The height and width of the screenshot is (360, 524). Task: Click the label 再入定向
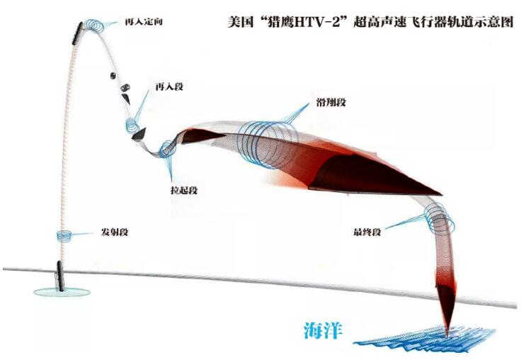[143, 22]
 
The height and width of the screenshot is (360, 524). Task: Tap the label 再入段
[169, 87]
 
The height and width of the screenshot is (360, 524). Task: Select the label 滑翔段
[331, 102]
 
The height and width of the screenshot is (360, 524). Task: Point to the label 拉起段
[184, 191]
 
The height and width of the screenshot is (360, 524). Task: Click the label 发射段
[115, 232]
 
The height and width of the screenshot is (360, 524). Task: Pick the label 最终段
[367, 232]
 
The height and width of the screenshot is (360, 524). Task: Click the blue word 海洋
[323, 330]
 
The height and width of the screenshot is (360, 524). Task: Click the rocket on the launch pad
[60, 276]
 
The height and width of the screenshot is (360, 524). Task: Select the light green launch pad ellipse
[62, 292]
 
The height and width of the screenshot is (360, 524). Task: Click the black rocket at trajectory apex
[77, 33]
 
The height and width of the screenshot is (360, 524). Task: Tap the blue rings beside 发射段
[64, 236]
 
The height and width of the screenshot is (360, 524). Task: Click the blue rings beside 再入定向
[93, 26]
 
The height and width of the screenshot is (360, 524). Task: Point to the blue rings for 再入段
[132, 125]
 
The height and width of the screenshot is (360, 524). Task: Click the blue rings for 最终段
[440, 218]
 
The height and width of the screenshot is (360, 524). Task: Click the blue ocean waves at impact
[425, 339]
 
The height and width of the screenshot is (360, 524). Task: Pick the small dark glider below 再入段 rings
[139, 133]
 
